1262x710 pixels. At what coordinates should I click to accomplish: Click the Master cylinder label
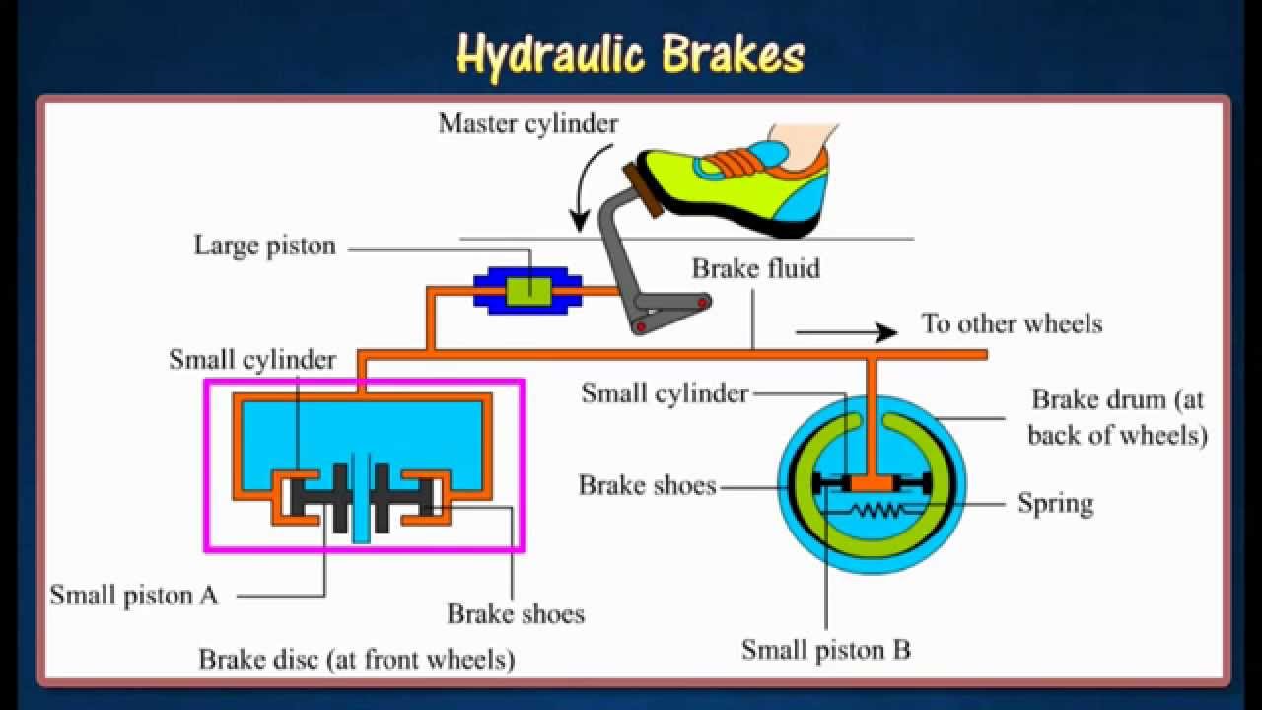[528, 123]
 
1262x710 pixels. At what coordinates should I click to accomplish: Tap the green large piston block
[529, 290]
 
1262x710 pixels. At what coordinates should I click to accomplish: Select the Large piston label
[264, 246]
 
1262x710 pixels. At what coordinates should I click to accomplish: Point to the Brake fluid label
[755, 268]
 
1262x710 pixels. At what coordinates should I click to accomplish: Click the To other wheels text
[1012, 323]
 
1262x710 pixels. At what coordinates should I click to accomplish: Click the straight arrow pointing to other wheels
[845, 333]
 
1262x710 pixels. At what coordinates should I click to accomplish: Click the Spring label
[1055, 503]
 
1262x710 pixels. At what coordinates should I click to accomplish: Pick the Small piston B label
[826, 650]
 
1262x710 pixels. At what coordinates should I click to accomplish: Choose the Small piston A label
[134, 596]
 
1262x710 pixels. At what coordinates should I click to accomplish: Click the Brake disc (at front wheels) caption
[357, 658]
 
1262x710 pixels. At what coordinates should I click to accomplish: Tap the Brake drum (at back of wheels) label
[1118, 417]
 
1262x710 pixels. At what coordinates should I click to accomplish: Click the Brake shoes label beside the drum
[647, 485]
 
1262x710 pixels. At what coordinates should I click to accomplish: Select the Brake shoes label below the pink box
[516, 613]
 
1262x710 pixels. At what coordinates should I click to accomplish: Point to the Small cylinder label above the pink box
[252, 359]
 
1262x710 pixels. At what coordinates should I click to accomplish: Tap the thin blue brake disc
[362, 498]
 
